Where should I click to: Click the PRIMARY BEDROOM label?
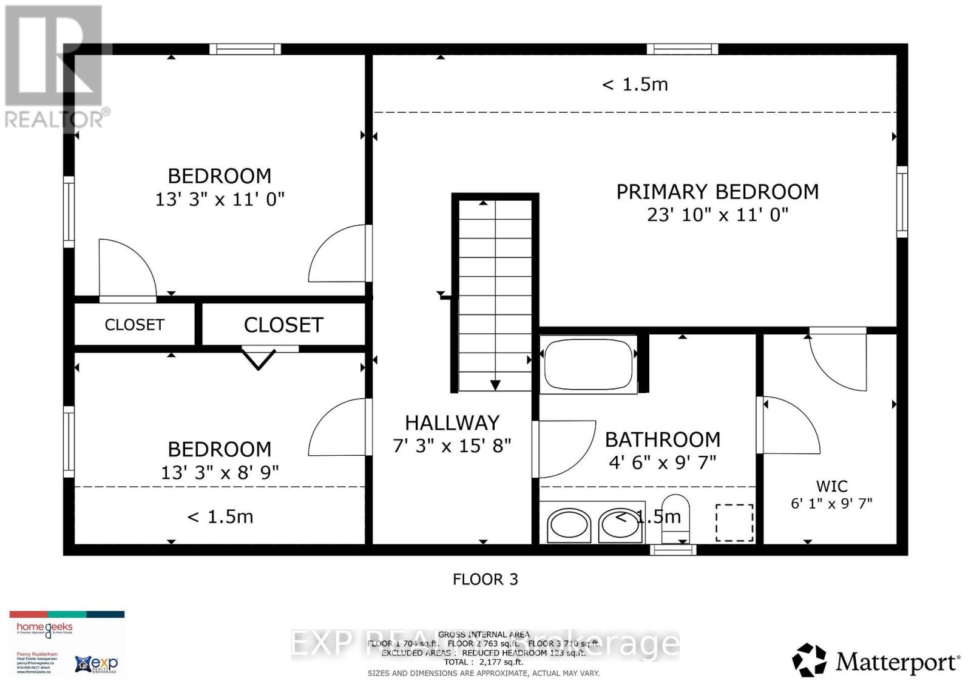[717, 192]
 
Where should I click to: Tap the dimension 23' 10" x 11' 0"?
[717, 215]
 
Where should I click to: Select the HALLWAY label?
[452, 423]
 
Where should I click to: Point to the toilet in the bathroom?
[676, 519]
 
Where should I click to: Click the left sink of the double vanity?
[569, 526]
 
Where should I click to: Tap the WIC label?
[831, 486]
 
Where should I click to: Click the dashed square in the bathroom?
[734, 522]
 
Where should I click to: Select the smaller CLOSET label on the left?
[134, 325]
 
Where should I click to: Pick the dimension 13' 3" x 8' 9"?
[220, 473]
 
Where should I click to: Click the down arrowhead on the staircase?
[495, 385]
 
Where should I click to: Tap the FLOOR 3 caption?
[485, 579]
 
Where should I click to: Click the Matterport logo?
[876, 661]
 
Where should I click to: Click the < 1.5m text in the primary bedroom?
[635, 84]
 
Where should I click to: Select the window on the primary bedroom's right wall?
[902, 201]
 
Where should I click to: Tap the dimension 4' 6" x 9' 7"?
[662, 462]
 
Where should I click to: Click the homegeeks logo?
[44, 629]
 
